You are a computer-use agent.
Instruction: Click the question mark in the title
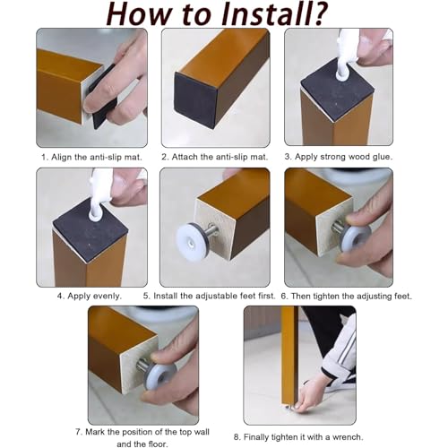[x=316, y=13]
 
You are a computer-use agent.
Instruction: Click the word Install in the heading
[x=256, y=13]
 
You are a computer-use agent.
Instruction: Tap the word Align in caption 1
[x=61, y=157]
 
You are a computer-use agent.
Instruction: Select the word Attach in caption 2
[x=183, y=157]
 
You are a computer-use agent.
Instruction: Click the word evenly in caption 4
[x=107, y=296]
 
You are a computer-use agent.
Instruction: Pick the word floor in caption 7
[x=157, y=444]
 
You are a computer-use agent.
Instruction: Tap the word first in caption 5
[x=265, y=296]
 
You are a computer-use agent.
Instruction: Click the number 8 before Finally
[x=236, y=437]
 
